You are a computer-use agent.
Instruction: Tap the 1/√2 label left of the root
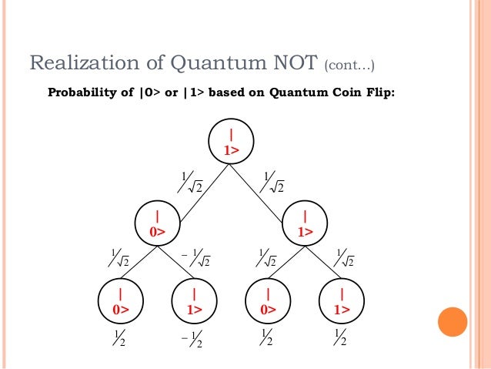coord(189,183)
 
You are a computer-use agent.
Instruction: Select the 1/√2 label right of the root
coord(272,183)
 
